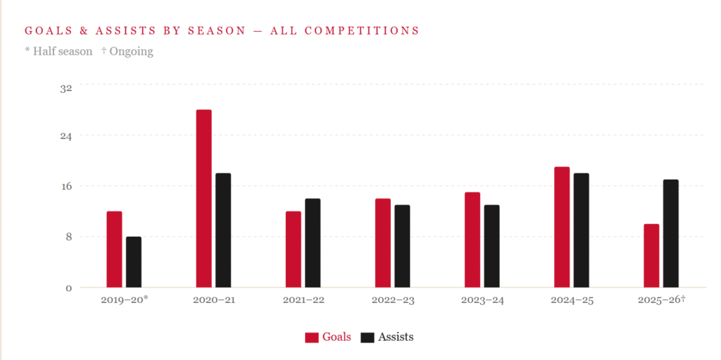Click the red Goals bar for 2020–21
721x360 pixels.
(203, 199)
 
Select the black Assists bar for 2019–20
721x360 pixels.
(134, 262)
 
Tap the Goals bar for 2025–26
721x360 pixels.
(651, 256)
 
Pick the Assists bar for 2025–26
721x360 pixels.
(671, 233)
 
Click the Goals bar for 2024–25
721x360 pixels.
(562, 227)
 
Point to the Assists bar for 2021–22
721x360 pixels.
(313, 243)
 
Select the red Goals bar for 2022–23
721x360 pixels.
(383, 243)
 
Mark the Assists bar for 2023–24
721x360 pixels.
(491, 246)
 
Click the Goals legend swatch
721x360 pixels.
(311, 337)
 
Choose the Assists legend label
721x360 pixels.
(396, 337)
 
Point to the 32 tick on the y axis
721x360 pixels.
(66, 88)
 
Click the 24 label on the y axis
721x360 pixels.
(66, 136)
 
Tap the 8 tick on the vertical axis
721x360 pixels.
(69, 237)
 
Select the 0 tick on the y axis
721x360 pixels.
(69, 288)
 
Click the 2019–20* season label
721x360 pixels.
(125, 301)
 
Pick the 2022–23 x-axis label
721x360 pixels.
(393, 301)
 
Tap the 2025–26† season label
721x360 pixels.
(661, 301)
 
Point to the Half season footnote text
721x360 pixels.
(62, 51)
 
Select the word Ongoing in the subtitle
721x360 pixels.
(131, 51)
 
